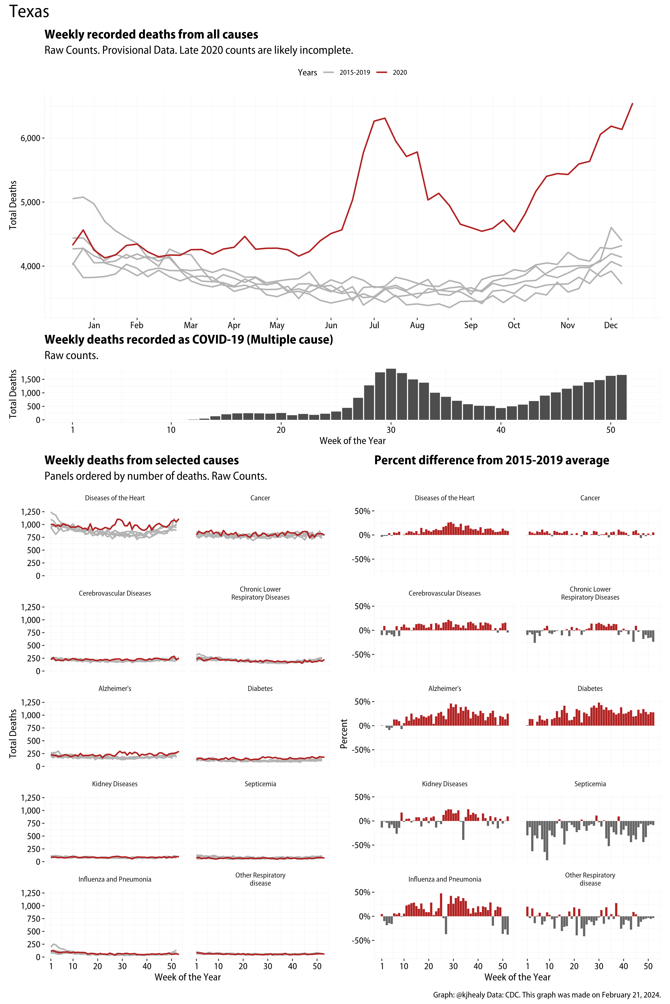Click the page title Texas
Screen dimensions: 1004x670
point(29,12)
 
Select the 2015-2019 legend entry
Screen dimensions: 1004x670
point(354,73)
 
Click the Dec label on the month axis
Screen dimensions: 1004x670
point(611,325)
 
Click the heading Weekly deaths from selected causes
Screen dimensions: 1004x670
point(141,460)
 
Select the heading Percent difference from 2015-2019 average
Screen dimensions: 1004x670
point(491,460)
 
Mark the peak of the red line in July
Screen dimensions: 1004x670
point(385,118)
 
